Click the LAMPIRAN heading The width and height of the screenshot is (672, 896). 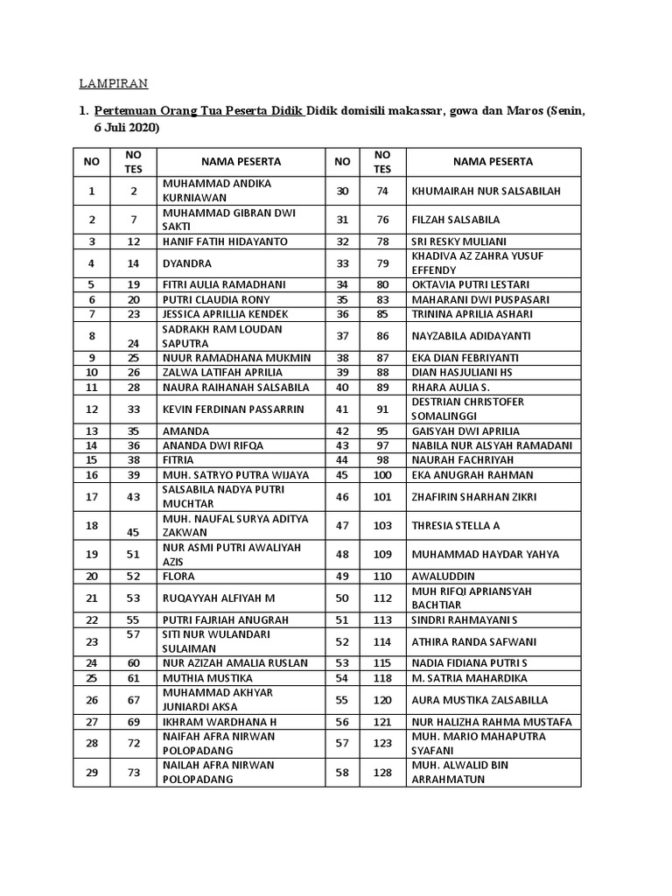114,84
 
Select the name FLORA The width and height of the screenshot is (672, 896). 178,577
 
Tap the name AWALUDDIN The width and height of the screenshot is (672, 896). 444,577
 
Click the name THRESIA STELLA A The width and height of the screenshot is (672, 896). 456,526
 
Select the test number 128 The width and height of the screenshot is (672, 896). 381,773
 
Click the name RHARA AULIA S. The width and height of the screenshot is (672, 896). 451,387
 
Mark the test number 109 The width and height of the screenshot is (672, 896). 381,555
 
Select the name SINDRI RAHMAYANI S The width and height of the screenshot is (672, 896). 465,620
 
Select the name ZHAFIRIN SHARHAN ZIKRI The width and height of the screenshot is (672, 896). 474,497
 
